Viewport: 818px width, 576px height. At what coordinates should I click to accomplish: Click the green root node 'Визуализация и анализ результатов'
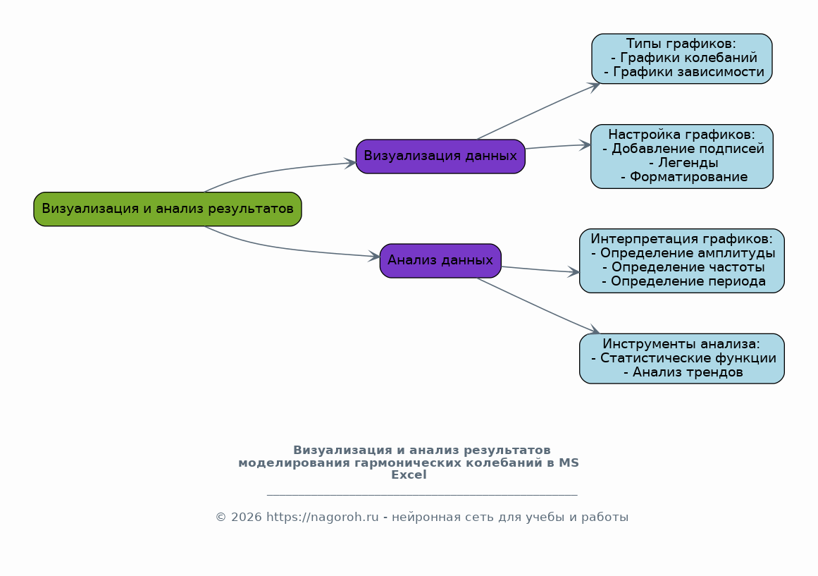168,209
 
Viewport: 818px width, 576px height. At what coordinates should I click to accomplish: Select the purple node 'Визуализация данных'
440,157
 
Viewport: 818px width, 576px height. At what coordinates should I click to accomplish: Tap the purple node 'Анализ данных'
440,261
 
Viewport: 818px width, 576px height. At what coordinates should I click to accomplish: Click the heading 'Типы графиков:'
681,44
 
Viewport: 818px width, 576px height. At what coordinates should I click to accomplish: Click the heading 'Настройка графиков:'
681,135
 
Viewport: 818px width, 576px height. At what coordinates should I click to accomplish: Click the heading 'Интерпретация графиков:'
681,239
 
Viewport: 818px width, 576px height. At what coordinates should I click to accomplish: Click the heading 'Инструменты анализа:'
681,344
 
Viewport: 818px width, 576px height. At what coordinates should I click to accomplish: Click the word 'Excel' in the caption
409,475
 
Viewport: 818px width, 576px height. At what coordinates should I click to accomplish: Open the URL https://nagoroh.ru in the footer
323,517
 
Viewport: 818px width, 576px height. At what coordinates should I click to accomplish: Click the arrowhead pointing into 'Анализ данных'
374,257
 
